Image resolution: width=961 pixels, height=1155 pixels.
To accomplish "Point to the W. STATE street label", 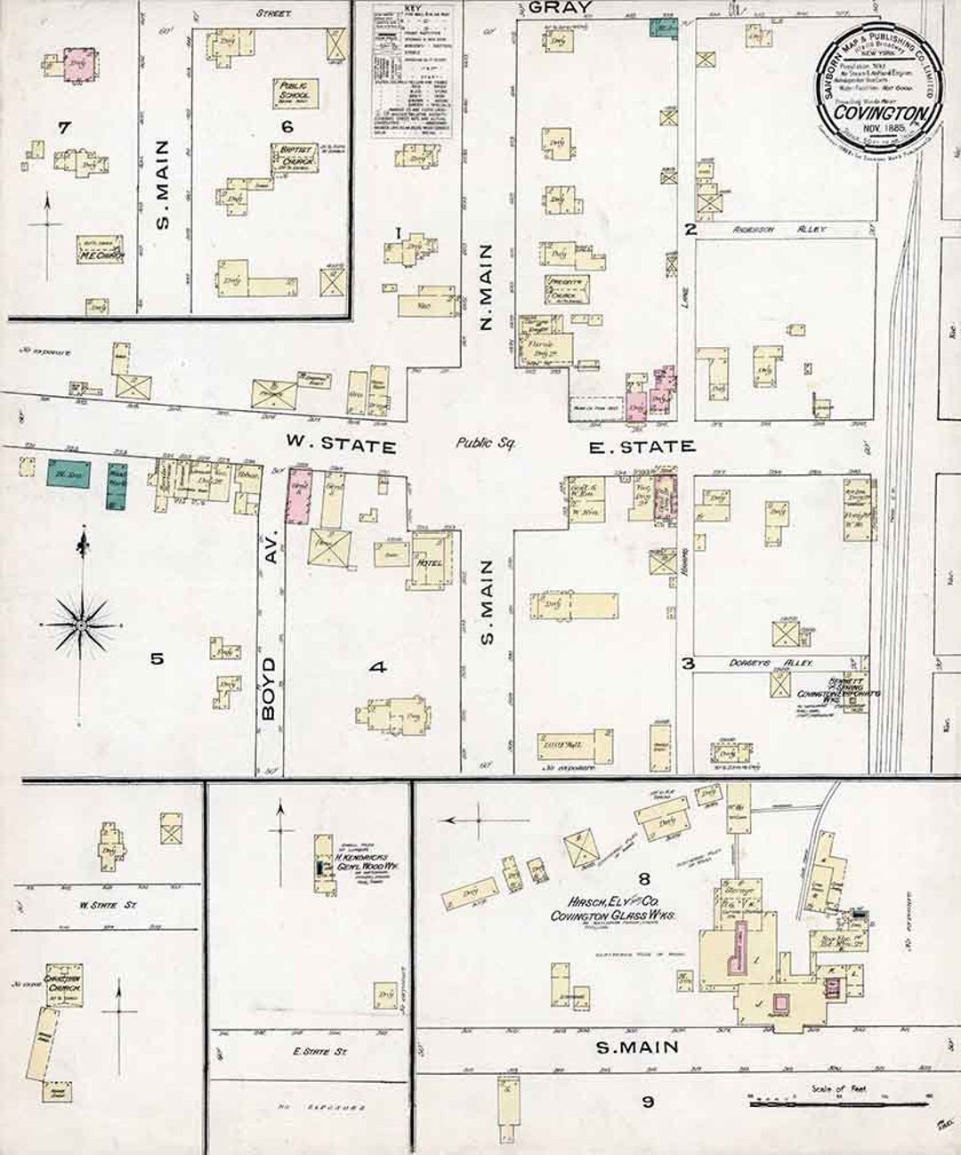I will (340, 445).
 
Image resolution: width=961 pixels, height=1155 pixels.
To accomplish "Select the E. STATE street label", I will (642, 446).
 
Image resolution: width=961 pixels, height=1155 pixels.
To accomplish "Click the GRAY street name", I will (559, 8).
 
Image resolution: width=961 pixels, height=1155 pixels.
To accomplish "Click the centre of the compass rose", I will (80, 626).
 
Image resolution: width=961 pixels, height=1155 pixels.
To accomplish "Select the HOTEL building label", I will (430, 564).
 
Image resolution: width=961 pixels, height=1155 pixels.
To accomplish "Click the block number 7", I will (63, 129).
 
